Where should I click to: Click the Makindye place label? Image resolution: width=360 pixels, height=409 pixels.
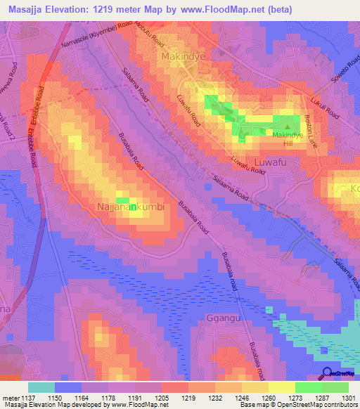pyautogui.click(x=186, y=55)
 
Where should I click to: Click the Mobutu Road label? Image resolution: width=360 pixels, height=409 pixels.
pyautogui.click(x=143, y=34)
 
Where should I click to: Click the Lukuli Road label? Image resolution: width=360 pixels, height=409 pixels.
pyautogui.click(x=326, y=108)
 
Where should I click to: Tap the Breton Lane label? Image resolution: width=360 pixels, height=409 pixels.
pyautogui.click(x=309, y=131)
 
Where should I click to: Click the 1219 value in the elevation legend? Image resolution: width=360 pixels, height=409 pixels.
pyautogui.click(x=188, y=398)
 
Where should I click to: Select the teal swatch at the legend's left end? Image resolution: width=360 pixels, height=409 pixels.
pyautogui.click(x=41, y=387)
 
